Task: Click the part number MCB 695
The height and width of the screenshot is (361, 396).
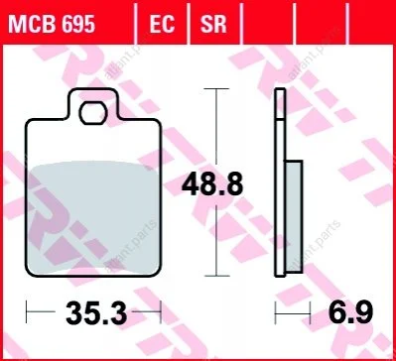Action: click(52, 25)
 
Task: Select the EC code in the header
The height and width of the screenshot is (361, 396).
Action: click(162, 25)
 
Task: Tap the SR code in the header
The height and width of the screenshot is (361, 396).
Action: click(213, 25)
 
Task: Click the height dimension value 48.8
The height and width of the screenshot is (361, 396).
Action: click(212, 184)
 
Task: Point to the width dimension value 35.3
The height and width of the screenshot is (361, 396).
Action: click(96, 313)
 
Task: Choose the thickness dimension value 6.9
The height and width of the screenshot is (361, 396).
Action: click(351, 312)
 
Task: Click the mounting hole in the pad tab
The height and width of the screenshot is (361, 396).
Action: click(93, 113)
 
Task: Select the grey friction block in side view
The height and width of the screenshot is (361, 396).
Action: click(294, 216)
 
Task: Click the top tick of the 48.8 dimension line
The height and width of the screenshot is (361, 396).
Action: click(216, 88)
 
